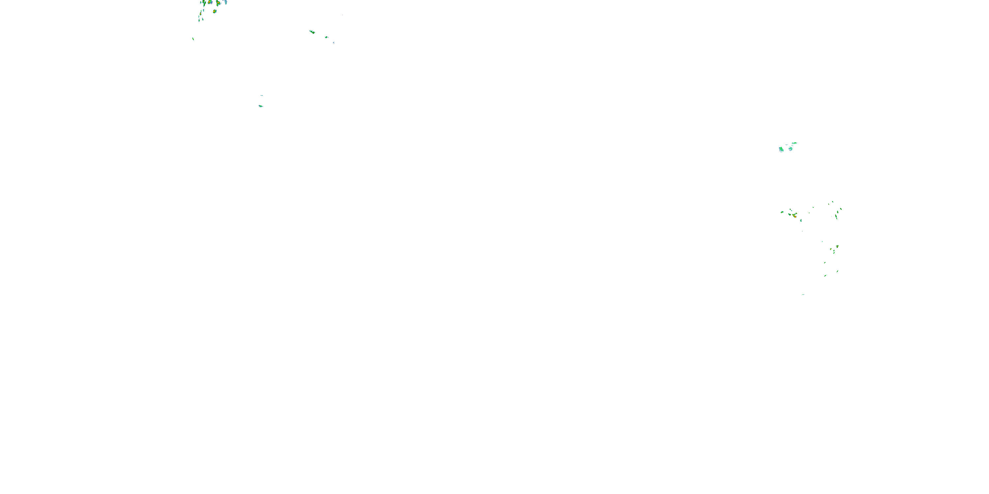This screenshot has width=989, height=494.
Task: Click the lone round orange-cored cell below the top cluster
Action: pyautogui.click(x=215, y=12)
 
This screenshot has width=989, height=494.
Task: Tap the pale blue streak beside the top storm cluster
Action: pyautogui.click(x=226, y=2)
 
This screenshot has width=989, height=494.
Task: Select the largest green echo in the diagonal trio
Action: pyautogui.click(x=312, y=32)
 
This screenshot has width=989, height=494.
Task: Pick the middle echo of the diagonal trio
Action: pyautogui.click(x=326, y=37)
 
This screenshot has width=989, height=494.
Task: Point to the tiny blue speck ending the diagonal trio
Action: pyautogui.click(x=334, y=42)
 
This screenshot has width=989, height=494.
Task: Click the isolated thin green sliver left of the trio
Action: pyautogui.click(x=193, y=39)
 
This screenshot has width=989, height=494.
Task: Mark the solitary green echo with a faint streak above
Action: pyautogui.click(x=261, y=106)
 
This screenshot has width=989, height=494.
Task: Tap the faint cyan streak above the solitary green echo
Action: pyautogui.click(x=261, y=96)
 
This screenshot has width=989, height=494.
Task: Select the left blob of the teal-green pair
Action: pyautogui.click(x=781, y=149)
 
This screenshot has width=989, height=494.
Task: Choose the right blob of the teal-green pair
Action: pyautogui.click(x=791, y=149)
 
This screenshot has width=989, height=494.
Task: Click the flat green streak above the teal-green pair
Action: pyautogui.click(x=794, y=143)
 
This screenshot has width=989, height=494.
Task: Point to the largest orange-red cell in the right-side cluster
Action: pyautogui.click(x=795, y=216)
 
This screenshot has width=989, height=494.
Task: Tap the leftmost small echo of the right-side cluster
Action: pyautogui.click(x=782, y=212)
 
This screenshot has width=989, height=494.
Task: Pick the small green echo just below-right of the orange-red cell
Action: pyautogui.click(x=800, y=220)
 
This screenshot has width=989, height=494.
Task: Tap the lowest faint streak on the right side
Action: pyautogui.click(x=803, y=294)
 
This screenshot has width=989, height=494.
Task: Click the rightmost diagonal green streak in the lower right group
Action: pyautogui.click(x=837, y=272)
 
